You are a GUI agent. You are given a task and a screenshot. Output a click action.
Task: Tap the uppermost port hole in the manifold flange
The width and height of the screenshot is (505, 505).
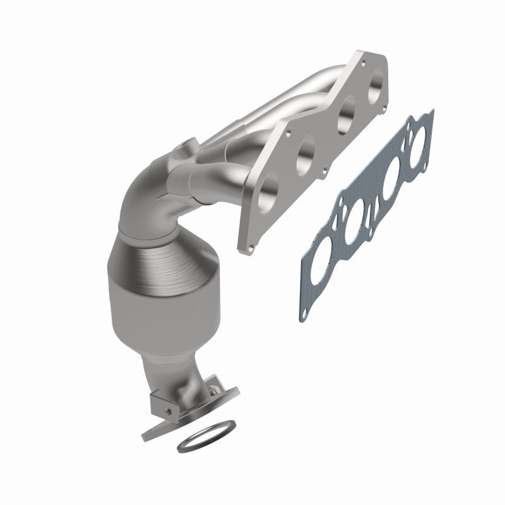point(373,84)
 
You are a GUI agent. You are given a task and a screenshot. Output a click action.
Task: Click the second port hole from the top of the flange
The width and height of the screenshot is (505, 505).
point(343,117)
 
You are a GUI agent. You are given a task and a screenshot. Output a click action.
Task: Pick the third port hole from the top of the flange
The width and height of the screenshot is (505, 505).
point(305,151)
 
